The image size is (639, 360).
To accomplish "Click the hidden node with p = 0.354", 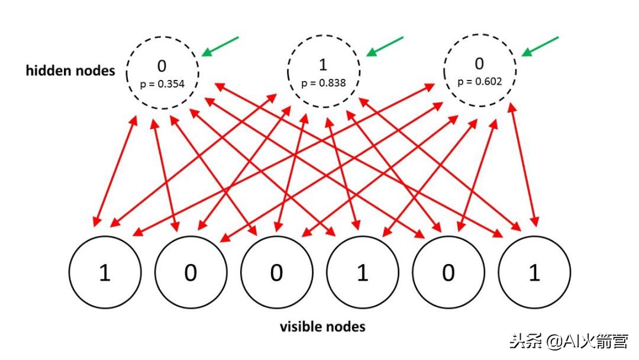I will coord(162,72).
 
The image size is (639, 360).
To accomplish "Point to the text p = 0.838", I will coord(323,83).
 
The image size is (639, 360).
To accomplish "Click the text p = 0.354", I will coord(162,84).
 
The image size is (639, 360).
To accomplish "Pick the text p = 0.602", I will coord(479,81).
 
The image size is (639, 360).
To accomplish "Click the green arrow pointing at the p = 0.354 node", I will coord(220,47).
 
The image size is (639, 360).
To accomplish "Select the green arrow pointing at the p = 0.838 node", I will coord(385,47).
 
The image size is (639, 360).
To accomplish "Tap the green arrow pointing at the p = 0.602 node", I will coord(540,47).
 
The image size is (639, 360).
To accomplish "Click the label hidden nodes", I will coord(70,70).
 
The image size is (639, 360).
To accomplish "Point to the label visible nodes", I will coord(322,326).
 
